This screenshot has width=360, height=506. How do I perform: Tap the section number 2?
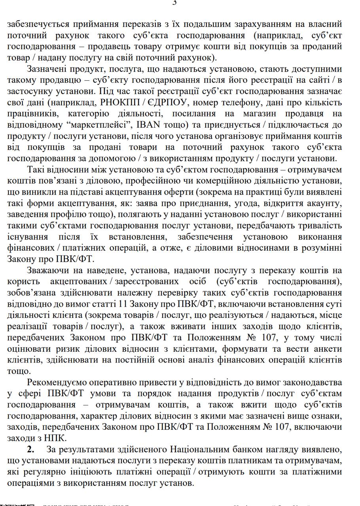pyautogui.click(x=30, y=450)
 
